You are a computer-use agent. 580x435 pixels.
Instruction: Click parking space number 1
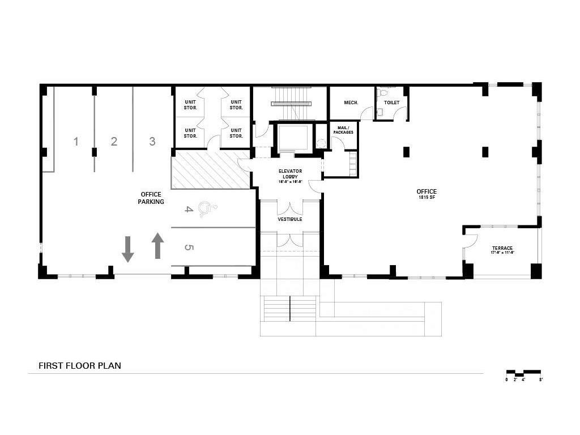click(76, 142)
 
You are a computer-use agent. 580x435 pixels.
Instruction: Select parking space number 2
click(114, 142)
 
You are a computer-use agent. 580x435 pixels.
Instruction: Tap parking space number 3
click(152, 142)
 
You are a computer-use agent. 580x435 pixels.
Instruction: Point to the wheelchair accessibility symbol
click(208, 210)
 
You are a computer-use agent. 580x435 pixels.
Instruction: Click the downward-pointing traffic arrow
click(128, 250)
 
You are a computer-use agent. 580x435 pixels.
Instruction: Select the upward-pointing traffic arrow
click(157, 245)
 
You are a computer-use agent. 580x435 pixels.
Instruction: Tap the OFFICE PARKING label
click(151, 198)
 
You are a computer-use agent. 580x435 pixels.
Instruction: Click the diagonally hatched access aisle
click(211, 169)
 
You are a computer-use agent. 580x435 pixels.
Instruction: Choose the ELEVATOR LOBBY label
click(290, 176)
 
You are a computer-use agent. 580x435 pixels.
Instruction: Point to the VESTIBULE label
click(289, 219)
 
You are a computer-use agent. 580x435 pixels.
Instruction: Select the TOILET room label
click(391, 103)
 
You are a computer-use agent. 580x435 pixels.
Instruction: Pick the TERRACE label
click(502, 250)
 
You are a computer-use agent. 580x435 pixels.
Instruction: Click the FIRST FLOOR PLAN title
click(80, 366)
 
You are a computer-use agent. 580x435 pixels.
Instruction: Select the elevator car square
click(292, 138)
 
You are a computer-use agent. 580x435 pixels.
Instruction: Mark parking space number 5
click(189, 248)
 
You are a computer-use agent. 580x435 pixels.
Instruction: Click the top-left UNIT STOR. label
click(190, 105)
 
